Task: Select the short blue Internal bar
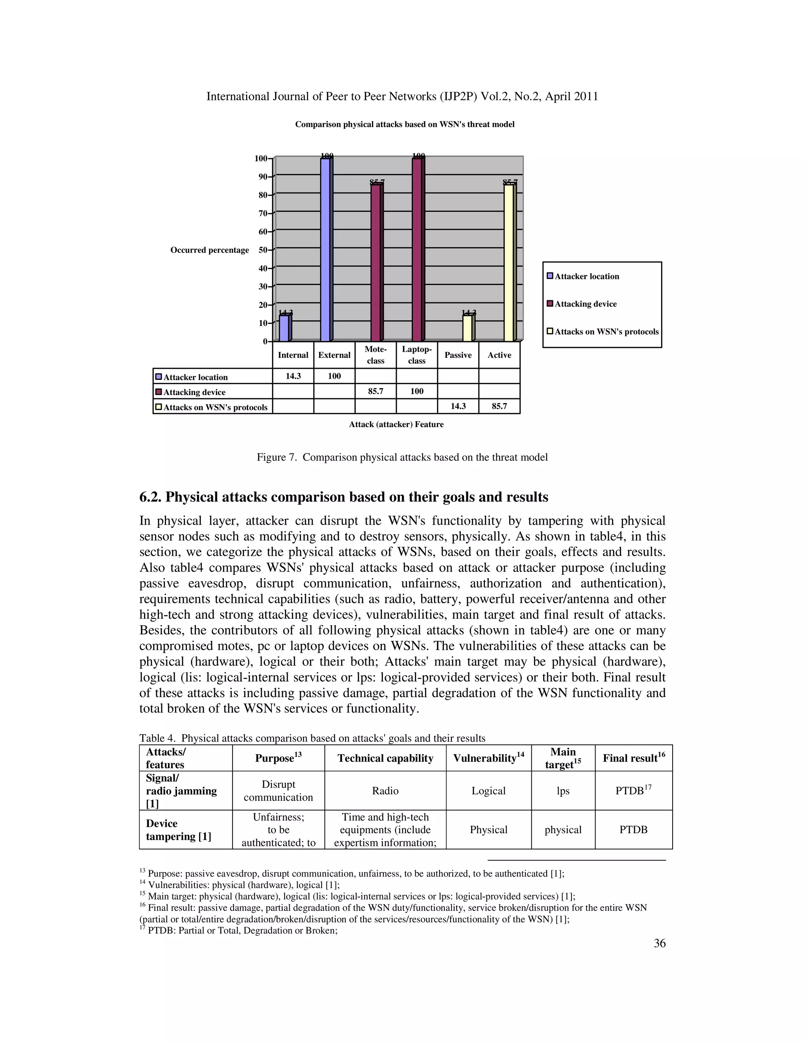point(284,328)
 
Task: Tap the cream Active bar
point(509,263)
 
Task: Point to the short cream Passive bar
point(468,328)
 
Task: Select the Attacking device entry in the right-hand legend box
point(585,304)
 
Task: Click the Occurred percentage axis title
point(210,250)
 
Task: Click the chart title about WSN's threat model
point(405,125)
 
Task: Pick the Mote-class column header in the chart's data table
point(375,355)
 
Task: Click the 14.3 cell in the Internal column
point(293,376)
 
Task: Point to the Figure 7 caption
point(402,457)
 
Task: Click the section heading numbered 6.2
point(343,497)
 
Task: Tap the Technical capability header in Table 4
point(385,758)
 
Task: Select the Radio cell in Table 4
point(385,791)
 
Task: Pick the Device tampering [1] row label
point(178,830)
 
